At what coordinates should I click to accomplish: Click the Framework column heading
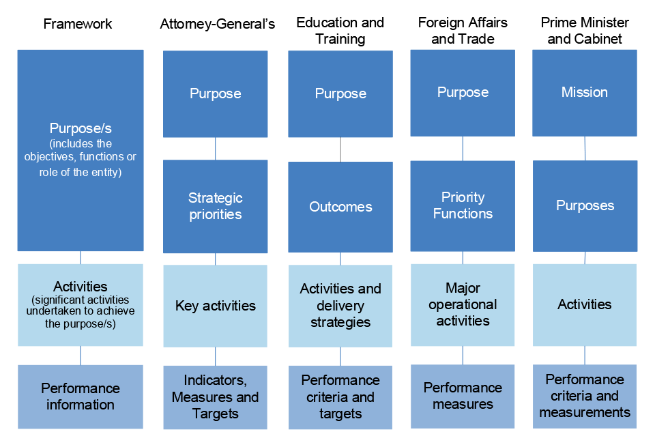(x=78, y=24)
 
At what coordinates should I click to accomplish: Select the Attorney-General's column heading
(x=218, y=25)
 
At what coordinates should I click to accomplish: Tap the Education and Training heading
(x=340, y=31)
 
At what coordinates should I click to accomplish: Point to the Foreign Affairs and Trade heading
(x=463, y=31)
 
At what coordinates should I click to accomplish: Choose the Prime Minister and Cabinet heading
(x=585, y=31)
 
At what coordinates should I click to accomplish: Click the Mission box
(x=585, y=93)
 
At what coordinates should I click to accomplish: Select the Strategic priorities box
(x=216, y=206)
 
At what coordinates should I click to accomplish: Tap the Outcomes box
(x=340, y=207)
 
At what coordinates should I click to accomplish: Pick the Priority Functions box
(x=463, y=205)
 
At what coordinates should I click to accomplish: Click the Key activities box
(x=216, y=306)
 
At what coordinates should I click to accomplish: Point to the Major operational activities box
(x=463, y=304)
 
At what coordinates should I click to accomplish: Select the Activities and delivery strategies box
(x=340, y=306)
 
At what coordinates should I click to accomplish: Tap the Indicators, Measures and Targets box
(x=216, y=397)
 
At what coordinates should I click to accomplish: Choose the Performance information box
(x=81, y=396)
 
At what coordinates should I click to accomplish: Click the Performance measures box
(x=463, y=396)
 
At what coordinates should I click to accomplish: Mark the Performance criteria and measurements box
(x=585, y=396)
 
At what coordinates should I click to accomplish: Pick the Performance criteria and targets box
(x=340, y=397)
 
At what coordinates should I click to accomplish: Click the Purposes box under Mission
(x=585, y=205)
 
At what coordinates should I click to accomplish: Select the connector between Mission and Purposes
(x=585, y=148)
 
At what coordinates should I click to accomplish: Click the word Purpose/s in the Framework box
(x=81, y=128)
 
